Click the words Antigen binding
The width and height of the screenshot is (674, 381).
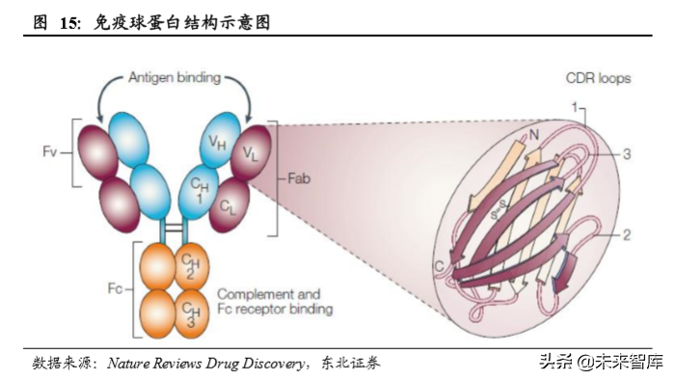click(x=174, y=76)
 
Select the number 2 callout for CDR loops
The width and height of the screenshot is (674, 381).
click(x=627, y=234)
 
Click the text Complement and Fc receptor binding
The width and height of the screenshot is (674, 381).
click(x=275, y=301)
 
